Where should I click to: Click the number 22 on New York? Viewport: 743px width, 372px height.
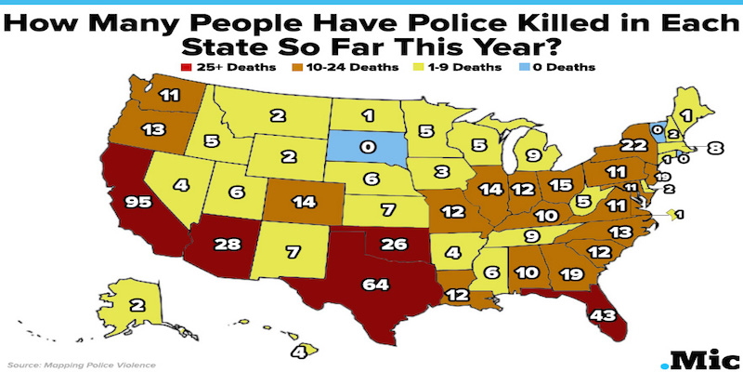(x=608, y=145)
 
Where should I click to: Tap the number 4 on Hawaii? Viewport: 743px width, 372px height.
(x=300, y=352)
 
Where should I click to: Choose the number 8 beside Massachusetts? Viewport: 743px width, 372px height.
(x=713, y=146)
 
